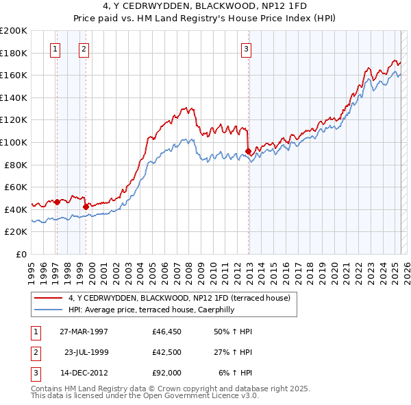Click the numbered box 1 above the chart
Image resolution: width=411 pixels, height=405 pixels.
click(x=54, y=49)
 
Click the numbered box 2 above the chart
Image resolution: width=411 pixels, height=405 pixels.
click(x=83, y=49)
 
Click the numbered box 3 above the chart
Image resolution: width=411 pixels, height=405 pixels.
click(x=245, y=49)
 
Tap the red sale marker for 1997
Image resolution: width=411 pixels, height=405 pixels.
click(x=58, y=202)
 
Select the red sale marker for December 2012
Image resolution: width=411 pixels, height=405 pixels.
click(x=248, y=151)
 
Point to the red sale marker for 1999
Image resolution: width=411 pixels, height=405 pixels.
click(x=86, y=206)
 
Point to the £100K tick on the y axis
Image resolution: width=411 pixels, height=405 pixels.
click(x=15, y=142)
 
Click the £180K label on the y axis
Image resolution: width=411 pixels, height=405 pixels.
click(x=15, y=53)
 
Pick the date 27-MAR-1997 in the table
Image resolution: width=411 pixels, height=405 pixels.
click(x=84, y=331)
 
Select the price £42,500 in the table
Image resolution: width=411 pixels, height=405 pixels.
click(x=166, y=353)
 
